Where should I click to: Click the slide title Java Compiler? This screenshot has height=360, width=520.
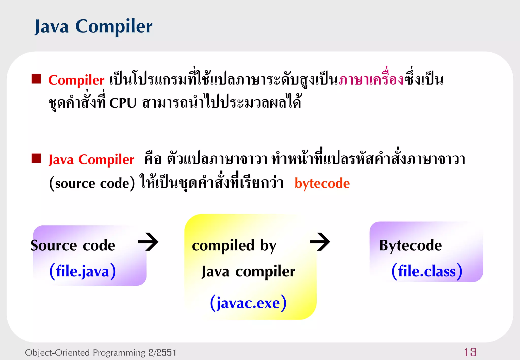(x=93, y=27)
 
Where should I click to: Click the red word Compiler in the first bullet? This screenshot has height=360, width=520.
(x=76, y=80)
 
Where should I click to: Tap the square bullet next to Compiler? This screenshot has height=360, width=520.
(x=36, y=79)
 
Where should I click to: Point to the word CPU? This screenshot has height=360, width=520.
(x=123, y=103)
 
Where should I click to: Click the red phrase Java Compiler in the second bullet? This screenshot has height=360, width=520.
(x=91, y=160)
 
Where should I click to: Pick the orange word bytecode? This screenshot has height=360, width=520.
(x=322, y=183)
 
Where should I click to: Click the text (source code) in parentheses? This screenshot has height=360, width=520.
(x=92, y=183)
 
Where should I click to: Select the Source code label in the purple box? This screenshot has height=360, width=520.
(x=73, y=246)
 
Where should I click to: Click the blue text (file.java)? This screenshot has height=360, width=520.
(x=83, y=271)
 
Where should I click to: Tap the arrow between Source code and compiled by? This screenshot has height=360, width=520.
(x=149, y=242)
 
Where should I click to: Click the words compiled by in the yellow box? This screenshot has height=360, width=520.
(x=234, y=246)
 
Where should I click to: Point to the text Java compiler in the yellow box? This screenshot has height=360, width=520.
(x=248, y=272)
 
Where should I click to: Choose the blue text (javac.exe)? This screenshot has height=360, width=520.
(x=248, y=303)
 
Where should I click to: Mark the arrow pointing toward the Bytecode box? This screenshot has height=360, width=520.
(x=320, y=242)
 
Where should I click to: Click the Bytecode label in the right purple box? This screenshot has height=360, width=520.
(x=410, y=246)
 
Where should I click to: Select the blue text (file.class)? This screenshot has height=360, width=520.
(x=427, y=271)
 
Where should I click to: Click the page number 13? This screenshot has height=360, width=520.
(x=470, y=352)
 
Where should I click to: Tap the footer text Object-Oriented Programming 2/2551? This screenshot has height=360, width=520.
(x=101, y=353)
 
